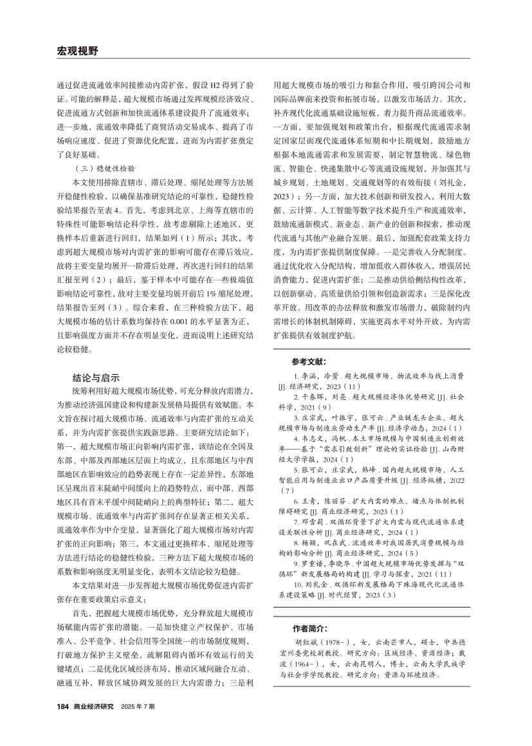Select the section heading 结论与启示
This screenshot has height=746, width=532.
(96, 378)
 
